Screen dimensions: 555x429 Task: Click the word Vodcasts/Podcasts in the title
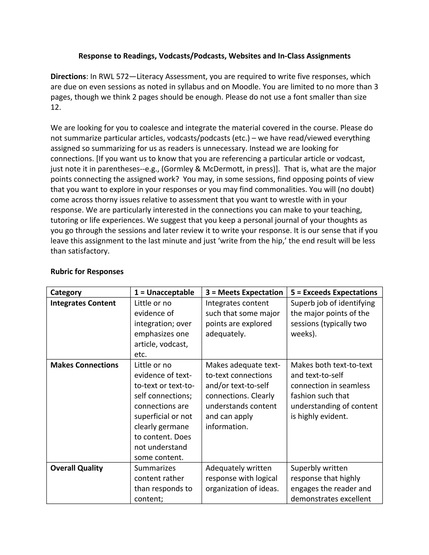[x=192, y=56]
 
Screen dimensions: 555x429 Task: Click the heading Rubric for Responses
[x=87, y=272]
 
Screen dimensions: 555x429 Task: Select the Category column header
[x=66, y=293]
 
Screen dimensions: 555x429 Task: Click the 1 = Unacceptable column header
[x=164, y=293]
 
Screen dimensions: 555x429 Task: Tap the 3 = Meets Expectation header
[x=244, y=293]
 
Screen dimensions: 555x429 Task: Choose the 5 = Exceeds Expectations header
[x=334, y=293]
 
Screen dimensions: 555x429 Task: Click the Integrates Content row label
[x=83, y=303]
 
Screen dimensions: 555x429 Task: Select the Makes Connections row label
[x=84, y=365]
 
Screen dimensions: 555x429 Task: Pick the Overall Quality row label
[x=76, y=468]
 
